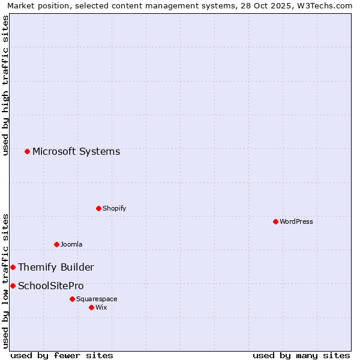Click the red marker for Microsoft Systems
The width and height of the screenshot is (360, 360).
[x=27, y=151]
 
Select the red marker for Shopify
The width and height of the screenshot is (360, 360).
[x=98, y=208]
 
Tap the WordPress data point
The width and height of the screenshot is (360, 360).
[x=275, y=221]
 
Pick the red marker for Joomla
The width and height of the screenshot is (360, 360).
[x=56, y=244]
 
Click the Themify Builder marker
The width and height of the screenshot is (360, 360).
[x=13, y=267]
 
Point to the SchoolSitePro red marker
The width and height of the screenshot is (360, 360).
[x=13, y=286]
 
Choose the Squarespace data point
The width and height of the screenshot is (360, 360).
[x=72, y=299]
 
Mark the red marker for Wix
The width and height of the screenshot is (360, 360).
[x=91, y=307]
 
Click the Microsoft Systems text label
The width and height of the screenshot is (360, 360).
[x=76, y=151]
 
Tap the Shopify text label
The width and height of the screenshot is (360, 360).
[x=114, y=208]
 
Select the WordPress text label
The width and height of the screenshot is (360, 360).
[x=296, y=221]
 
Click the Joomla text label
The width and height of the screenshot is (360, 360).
[x=71, y=244]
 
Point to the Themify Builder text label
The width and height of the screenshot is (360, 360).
[x=56, y=267]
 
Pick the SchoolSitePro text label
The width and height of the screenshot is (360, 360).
[x=51, y=286]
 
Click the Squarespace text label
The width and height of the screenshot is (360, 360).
[x=97, y=299]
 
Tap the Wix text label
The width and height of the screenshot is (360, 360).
[x=101, y=307]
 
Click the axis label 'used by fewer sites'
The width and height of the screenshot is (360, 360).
[x=62, y=355]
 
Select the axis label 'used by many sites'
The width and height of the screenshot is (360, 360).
[x=301, y=355]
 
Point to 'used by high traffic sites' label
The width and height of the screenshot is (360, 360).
[x=5, y=85]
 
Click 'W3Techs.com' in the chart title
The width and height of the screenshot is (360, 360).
[x=325, y=5]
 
